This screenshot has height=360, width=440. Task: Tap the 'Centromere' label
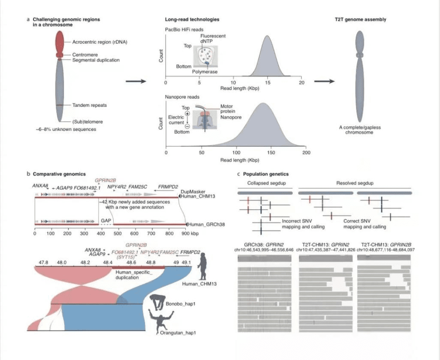(85, 55)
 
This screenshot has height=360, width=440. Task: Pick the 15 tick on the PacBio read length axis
(268, 82)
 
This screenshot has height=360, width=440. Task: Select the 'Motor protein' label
(228, 109)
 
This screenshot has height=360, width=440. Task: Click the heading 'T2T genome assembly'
(360, 20)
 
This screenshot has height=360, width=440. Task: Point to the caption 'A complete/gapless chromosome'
(360, 130)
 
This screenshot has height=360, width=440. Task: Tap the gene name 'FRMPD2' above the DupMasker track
(168, 188)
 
